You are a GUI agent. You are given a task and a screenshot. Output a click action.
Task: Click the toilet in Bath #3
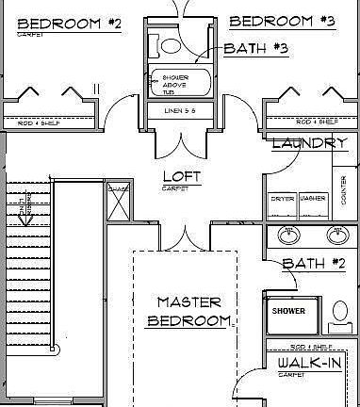click(170, 43)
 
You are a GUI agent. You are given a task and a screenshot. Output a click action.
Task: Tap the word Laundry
click(309, 143)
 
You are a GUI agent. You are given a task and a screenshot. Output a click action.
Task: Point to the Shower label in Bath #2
click(288, 310)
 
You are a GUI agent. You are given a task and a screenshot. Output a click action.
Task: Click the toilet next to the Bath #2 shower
click(340, 312)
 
